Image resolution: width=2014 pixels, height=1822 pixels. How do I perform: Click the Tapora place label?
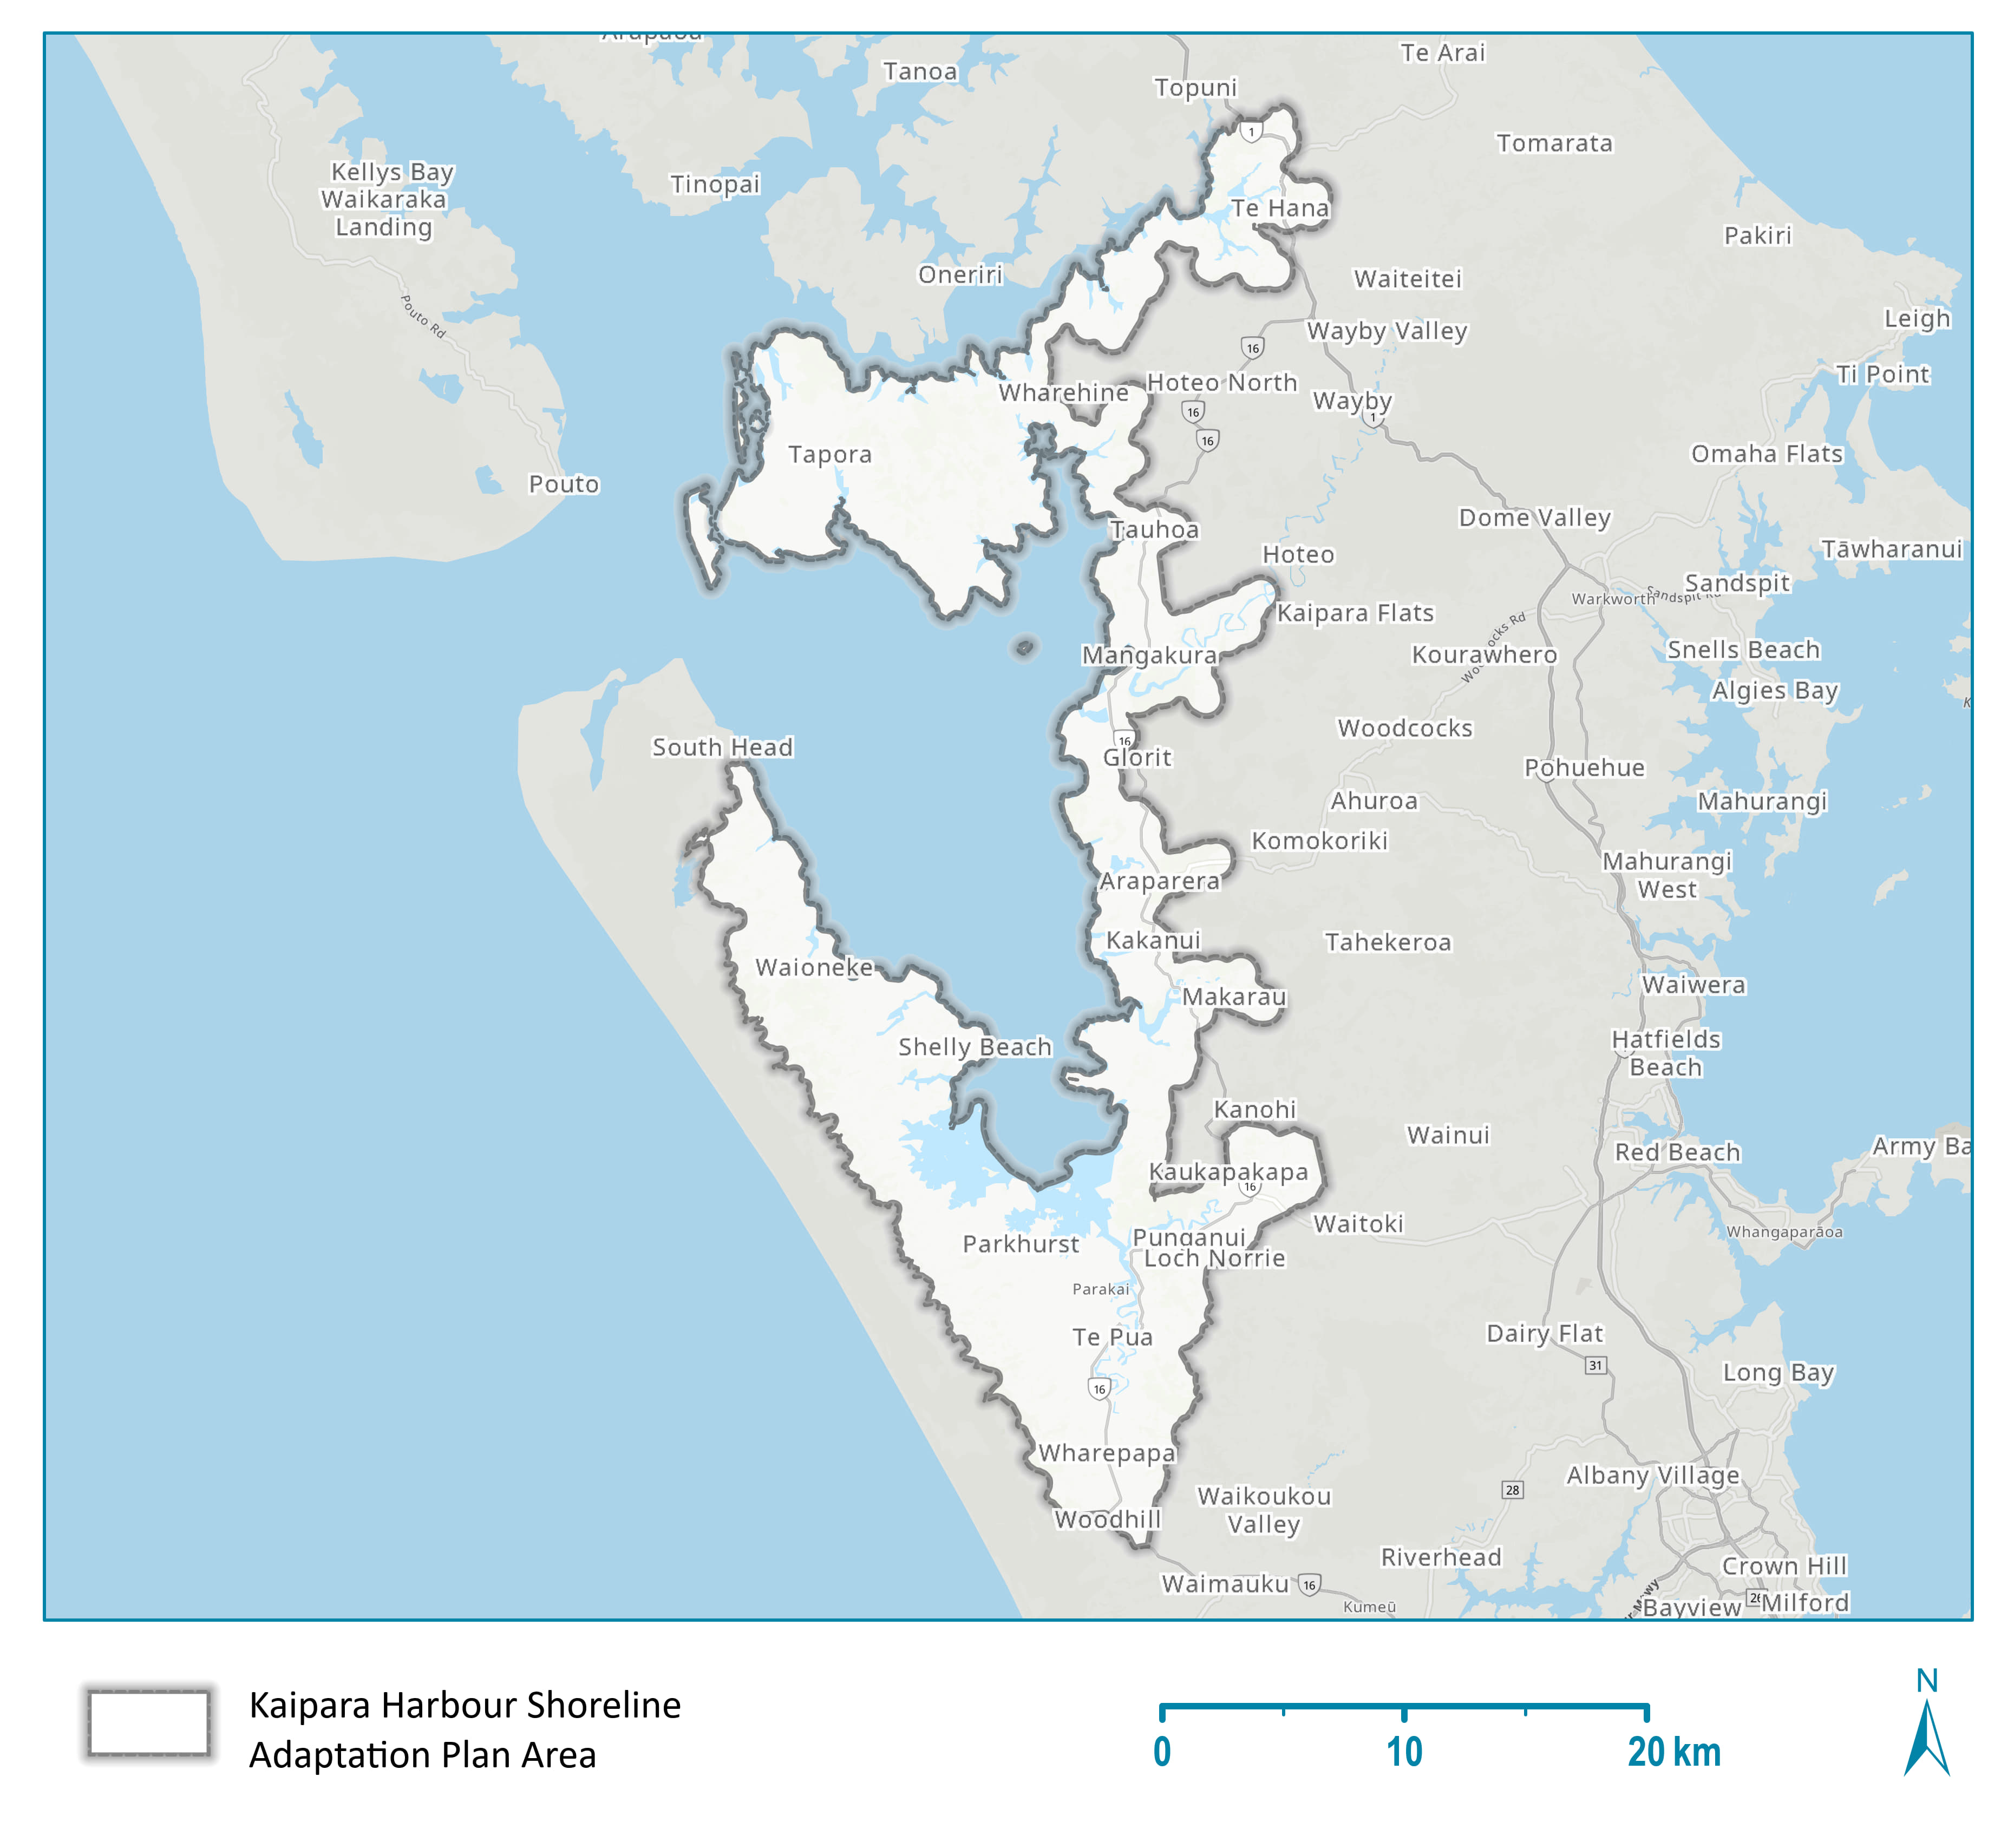[x=829, y=455]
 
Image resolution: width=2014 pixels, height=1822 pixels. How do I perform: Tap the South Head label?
[x=722, y=747]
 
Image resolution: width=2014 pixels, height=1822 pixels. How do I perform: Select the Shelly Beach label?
[x=974, y=1047]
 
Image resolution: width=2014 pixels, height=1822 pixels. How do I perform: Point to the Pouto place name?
[x=564, y=484]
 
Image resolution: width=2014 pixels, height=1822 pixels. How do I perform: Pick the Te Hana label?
[x=1280, y=208]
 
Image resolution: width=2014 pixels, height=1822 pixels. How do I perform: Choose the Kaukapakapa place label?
[x=1228, y=1172]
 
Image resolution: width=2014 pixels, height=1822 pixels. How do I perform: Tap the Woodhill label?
[x=1107, y=1519]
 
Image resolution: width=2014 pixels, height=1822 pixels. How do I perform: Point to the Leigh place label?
[x=1916, y=319]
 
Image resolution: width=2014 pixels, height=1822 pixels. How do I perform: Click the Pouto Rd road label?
[x=423, y=316]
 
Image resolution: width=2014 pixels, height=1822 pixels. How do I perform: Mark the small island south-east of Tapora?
[x=1024, y=648]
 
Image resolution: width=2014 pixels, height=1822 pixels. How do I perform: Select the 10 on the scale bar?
[x=1404, y=1752]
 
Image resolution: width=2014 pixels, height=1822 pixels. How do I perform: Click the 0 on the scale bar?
[x=1162, y=1752]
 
